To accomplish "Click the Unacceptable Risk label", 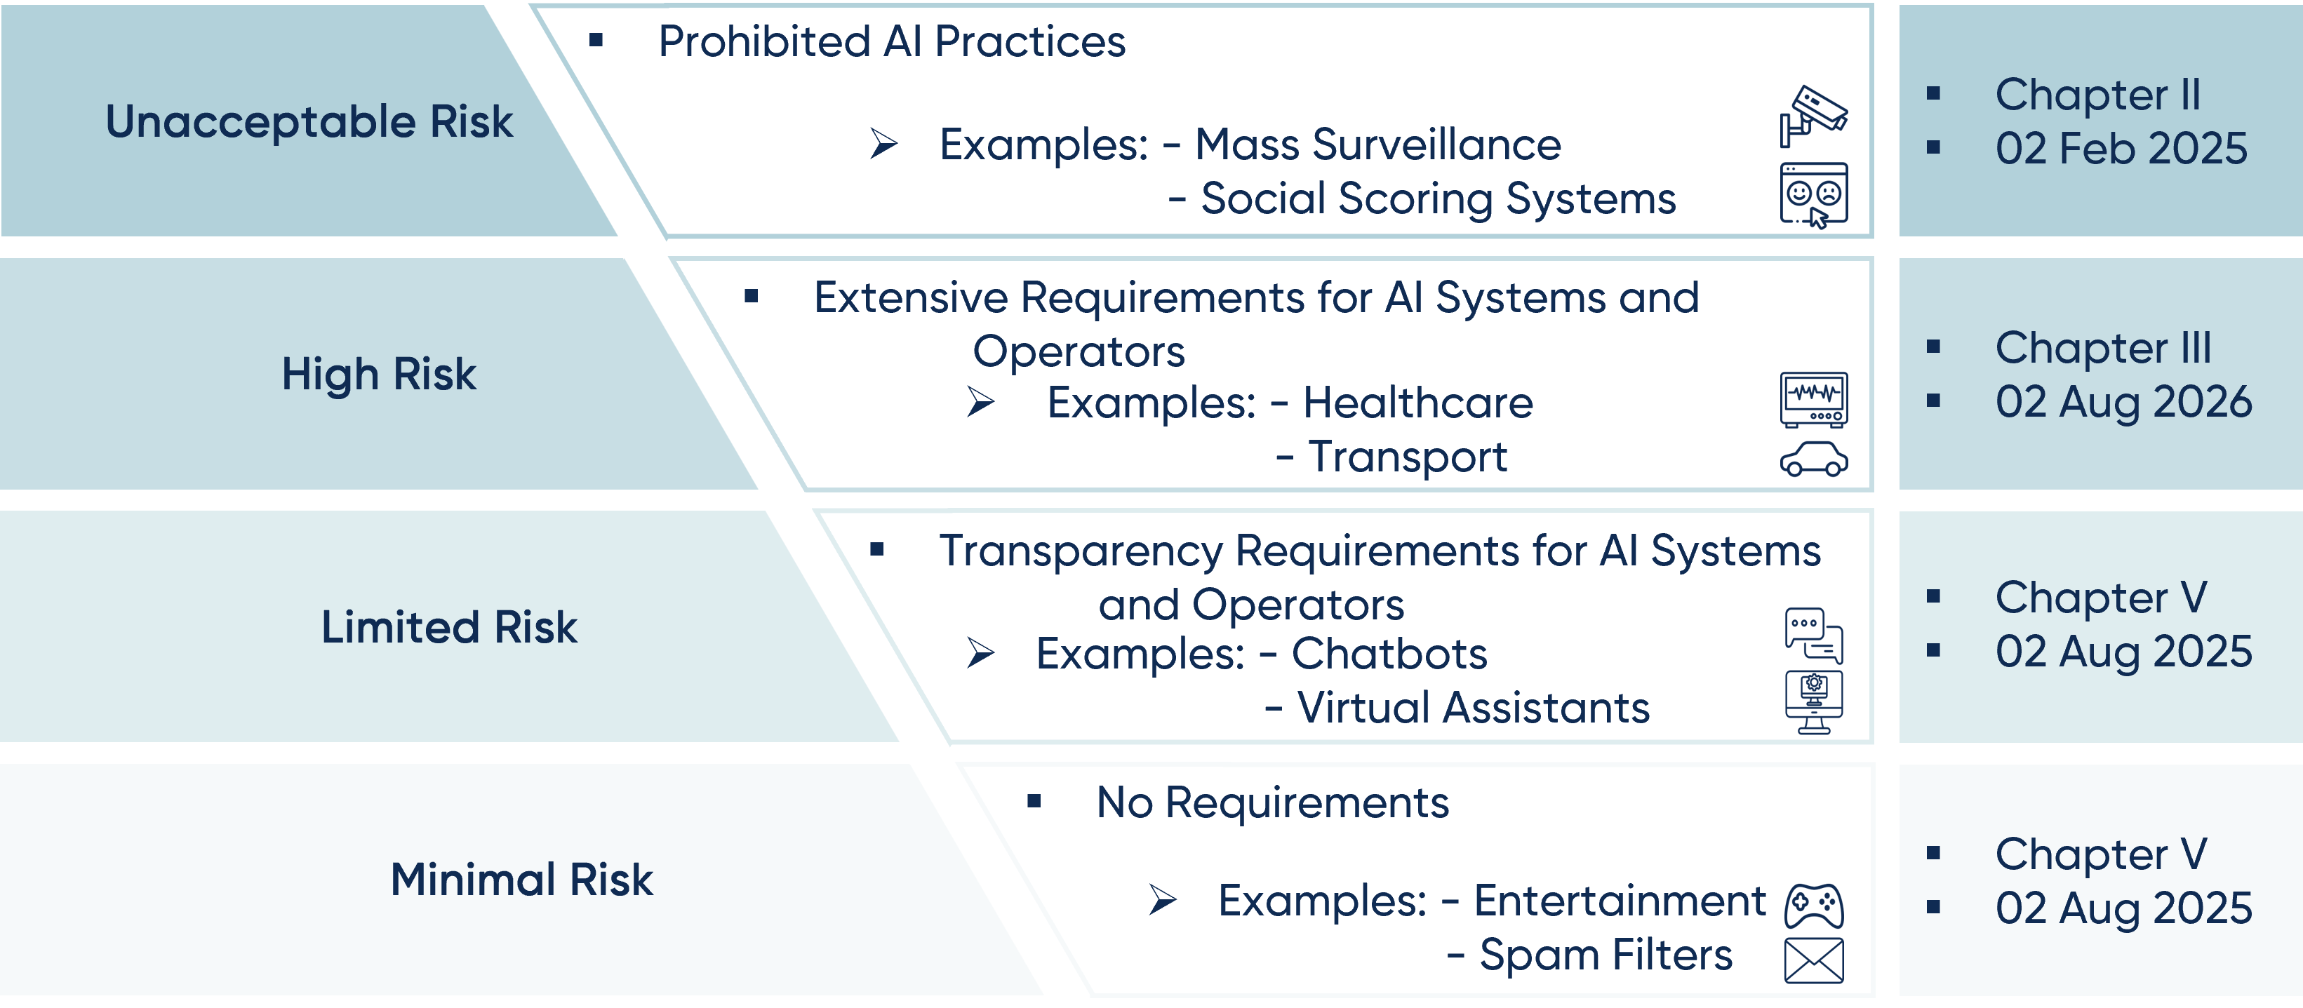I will click(x=309, y=121).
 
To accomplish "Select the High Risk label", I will click(x=378, y=375).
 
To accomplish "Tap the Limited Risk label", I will click(x=449, y=627).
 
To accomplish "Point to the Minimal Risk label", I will click(x=521, y=880).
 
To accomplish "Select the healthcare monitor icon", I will click(x=1813, y=399).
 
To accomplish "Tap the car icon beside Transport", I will click(x=1813, y=460).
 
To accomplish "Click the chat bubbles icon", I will click(x=1813, y=634).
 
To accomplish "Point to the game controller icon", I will click(x=1813, y=905).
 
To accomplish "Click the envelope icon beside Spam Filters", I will click(x=1813, y=960).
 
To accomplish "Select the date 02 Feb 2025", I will click(x=2121, y=148).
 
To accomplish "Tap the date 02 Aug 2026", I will click(x=2123, y=402).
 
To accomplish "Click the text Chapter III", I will click(x=2103, y=348).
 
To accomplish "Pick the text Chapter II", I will click(x=2097, y=95).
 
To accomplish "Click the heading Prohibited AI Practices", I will click(x=891, y=42).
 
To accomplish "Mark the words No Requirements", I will click(x=1272, y=802).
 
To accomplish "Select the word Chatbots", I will click(x=1389, y=654).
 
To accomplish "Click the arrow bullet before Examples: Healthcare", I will click(x=981, y=402).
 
